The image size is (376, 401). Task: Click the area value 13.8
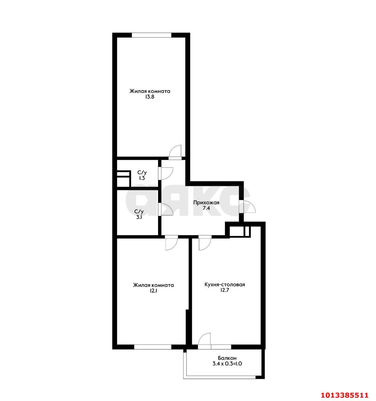click(150, 97)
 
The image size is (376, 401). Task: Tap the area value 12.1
click(153, 291)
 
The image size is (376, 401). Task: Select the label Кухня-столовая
click(224, 285)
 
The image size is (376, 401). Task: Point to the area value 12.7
click(224, 291)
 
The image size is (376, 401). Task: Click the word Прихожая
click(206, 202)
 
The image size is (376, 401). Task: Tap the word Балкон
click(227, 358)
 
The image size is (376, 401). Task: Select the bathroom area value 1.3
click(142, 178)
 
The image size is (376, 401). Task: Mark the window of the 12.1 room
click(152, 347)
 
